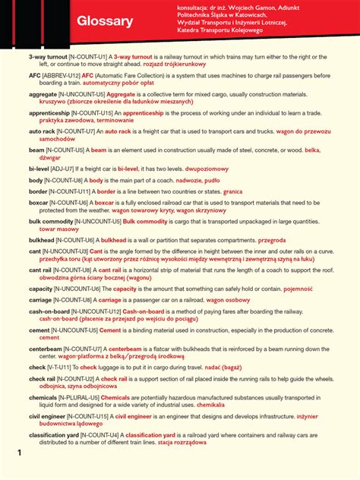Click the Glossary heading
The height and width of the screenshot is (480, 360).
[x=105, y=22]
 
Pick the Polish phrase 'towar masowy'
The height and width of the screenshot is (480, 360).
[x=59, y=229]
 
